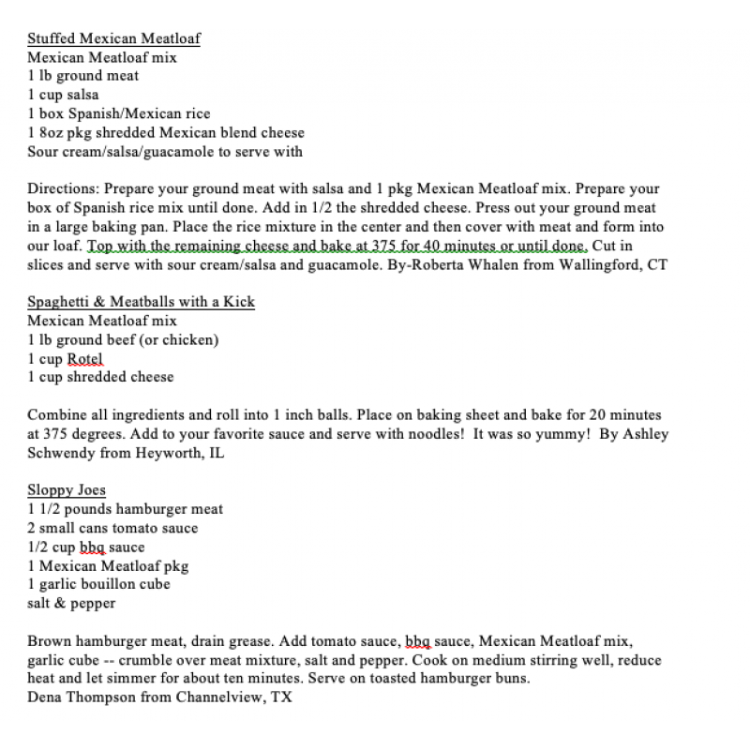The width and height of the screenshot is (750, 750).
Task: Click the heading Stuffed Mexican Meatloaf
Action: pos(113,38)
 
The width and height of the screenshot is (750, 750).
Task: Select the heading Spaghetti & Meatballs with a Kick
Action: pos(141,302)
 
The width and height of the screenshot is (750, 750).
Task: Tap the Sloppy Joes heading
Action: pos(67,490)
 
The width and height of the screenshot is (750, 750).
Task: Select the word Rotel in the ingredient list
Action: pos(84,358)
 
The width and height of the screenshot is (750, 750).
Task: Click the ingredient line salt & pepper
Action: pos(71,603)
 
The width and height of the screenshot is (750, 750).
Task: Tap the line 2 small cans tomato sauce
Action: pos(112,528)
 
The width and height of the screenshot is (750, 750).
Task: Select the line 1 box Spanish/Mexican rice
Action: pos(119,113)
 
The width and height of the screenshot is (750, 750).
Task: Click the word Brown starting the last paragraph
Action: pos(48,641)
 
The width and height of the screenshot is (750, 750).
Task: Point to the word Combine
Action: pos(56,414)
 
